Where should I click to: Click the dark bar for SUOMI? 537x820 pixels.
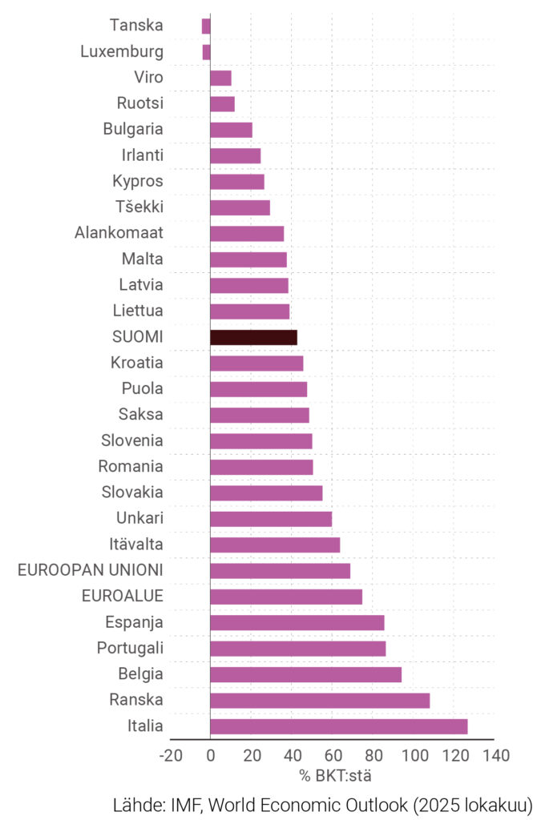tap(253, 337)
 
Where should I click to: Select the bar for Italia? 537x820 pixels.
tap(338, 726)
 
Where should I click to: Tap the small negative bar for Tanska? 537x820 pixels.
tap(206, 26)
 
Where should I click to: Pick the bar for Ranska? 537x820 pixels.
tap(320, 701)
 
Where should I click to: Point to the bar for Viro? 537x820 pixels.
tap(220, 78)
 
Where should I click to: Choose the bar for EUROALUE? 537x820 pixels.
tap(286, 597)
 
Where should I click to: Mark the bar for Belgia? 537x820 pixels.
tap(305, 674)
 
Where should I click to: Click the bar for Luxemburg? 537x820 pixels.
tap(206, 52)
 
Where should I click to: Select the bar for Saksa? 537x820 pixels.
tap(260, 415)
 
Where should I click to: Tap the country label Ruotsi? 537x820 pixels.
tap(141, 103)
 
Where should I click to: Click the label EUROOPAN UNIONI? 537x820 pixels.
tap(91, 570)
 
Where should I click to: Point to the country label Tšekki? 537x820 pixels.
tap(139, 207)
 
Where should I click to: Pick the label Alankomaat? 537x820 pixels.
tap(119, 233)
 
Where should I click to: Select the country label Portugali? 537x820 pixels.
tap(130, 648)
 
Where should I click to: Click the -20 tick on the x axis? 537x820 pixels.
tap(171, 755)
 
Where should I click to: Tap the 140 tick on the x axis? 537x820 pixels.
tap(496, 755)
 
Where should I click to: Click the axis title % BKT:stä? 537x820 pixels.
tap(335, 775)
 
